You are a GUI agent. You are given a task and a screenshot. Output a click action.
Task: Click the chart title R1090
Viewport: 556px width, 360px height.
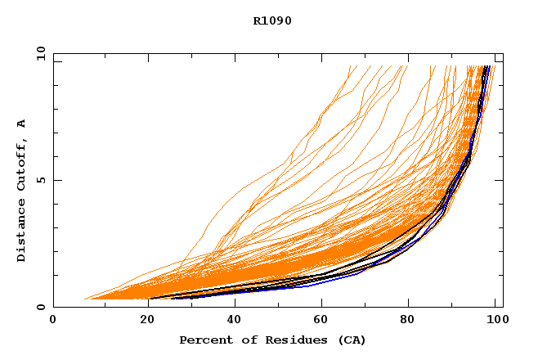click(x=272, y=20)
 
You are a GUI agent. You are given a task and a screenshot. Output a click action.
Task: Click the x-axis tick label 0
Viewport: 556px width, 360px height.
click(x=53, y=321)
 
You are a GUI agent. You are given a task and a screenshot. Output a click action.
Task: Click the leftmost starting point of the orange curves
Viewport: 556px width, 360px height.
click(x=85, y=299)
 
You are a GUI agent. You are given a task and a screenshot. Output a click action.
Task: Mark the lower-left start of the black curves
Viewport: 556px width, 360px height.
click(x=150, y=298)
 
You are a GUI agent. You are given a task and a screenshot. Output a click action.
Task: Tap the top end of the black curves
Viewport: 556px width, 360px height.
click(x=486, y=67)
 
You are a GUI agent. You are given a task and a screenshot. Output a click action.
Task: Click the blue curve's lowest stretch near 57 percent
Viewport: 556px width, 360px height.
click(x=306, y=286)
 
